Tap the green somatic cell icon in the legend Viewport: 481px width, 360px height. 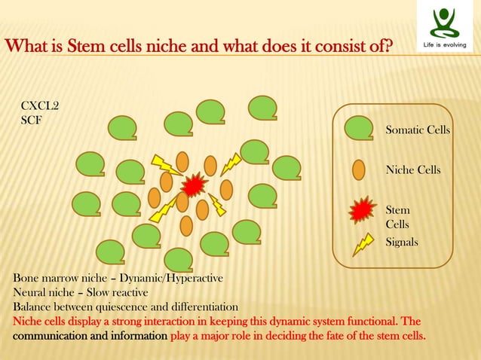(359, 128)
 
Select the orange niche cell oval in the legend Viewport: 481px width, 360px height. (359, 169)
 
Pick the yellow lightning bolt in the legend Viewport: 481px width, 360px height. (363, 243)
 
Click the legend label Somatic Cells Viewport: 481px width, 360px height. (418, 130)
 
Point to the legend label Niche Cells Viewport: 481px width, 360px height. (413, 170)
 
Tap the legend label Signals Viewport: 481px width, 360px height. (402, 243)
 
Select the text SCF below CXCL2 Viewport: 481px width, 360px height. (31, 121)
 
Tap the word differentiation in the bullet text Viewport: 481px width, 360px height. (203, 307)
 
